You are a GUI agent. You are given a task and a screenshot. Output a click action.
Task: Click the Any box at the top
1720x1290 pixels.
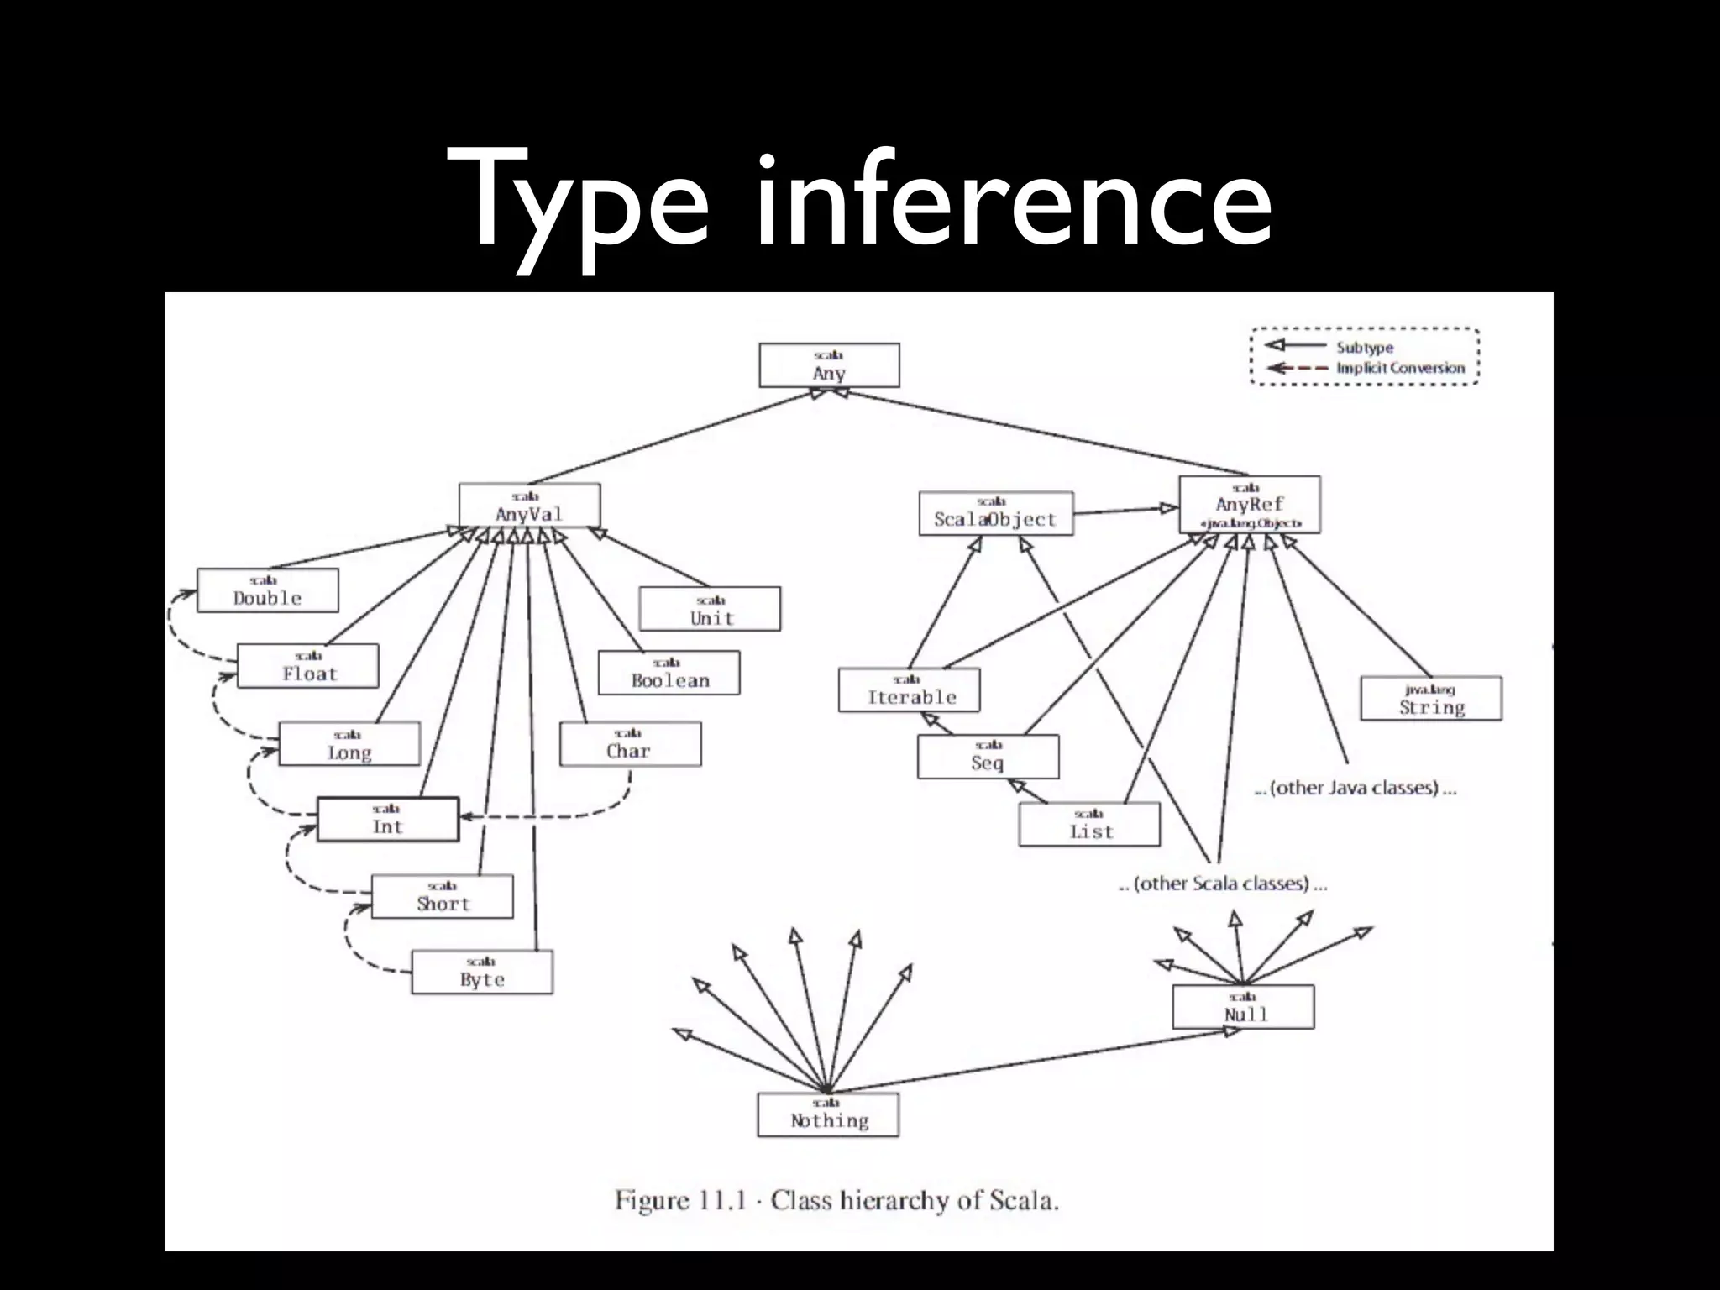point(829,365)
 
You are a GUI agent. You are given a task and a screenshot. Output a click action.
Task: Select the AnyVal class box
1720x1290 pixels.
point(529,506)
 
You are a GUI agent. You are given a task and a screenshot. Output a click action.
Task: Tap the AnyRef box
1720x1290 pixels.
point(1249,505)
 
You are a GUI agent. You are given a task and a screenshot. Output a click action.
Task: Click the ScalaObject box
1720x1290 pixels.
point(996,513)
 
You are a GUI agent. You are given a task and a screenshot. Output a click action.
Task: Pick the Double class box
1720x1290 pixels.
point(267,590)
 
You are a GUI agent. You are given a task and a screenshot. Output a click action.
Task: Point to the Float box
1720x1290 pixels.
point(308,666)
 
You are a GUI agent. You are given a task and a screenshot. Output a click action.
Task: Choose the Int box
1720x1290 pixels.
point(388,819)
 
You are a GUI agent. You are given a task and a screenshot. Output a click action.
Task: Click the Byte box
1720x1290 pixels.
point(482,972)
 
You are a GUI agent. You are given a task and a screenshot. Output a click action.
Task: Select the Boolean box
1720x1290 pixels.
point(669,673)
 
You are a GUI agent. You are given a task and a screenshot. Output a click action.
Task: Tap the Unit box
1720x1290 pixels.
point(711,609)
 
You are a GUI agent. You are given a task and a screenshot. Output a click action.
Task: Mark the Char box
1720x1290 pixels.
point(630,744)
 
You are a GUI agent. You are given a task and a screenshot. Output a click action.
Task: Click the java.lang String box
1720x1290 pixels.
point(1431,699)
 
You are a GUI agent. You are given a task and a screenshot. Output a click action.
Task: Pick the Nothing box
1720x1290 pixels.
point(828,1114)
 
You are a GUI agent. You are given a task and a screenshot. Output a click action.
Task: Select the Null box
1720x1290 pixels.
point(1244,1007)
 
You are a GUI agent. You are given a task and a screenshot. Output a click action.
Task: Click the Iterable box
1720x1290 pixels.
point(910,690)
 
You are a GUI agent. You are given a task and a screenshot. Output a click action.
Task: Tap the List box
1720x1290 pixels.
point(1089,825)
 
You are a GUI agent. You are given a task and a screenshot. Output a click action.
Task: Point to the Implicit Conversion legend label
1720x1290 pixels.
point(1400,368)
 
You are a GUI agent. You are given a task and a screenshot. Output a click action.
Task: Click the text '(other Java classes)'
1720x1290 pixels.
point(1355,788)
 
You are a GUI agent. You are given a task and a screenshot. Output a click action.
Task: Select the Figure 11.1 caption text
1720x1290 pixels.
point(836,1200)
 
